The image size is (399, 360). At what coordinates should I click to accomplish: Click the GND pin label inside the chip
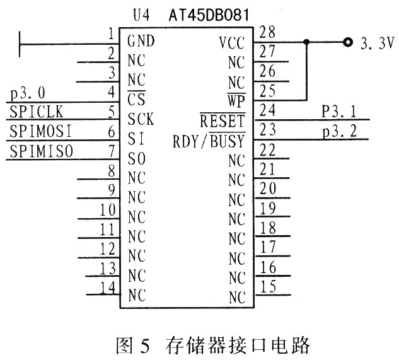(x=141, y=41)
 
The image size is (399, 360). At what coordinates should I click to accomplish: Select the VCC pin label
(x=232, y=42)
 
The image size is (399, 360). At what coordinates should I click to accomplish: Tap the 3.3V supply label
(x=378, y=44)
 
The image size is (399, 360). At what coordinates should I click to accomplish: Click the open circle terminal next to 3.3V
(x=347, y=42)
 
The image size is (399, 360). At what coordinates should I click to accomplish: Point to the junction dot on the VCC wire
(x=306, y=42)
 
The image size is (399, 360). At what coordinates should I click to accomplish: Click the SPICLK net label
(x=37, y=112)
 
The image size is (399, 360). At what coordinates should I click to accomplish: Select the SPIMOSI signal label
(x=41, y=131)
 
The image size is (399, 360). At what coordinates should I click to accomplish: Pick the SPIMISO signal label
(x=42, y=151)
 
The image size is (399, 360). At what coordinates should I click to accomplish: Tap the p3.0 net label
(x=28, y=93)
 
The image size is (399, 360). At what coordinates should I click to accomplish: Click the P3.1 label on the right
(x=339, y=111)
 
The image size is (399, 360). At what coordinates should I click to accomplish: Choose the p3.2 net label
(x=340, y=132)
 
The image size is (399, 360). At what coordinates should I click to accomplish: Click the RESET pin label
(x=223, y=120)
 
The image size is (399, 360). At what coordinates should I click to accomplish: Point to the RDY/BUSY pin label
(x=209, y=140)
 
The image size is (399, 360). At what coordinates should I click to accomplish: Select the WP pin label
(x=236, y=100)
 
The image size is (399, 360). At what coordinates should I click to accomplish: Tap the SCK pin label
(x=141, y=119)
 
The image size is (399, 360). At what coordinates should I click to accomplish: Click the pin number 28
(x=267, y=32)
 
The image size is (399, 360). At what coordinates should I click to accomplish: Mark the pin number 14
(x=108, y=288)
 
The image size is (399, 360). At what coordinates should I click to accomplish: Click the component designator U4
(x=141, y=15)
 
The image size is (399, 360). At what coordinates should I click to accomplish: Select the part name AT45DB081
(x=209, y=15)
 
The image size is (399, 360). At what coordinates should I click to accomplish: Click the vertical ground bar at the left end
(x=20, y=44)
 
